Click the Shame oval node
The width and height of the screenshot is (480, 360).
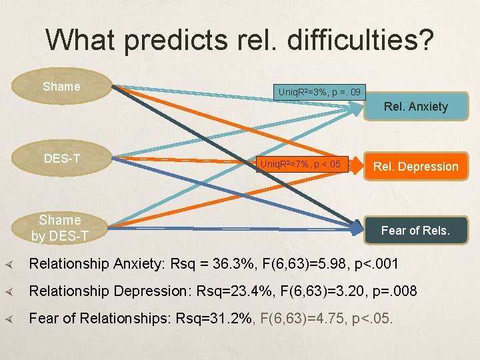pyautogui.click(x=61, y=87)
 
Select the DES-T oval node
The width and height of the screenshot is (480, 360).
pyautogui.click(x=61, y=158)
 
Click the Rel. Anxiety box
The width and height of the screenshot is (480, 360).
pyautogui.click(x=415, y=106)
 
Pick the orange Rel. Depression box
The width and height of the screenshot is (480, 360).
pyautogui.click(x=415, y=166)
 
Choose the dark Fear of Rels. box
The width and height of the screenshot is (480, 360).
pyautogui.click(x=415, y=231)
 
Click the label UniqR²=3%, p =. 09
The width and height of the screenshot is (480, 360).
pyautogui.click(x=320, y=91)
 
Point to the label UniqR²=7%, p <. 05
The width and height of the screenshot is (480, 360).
pyautogui.click(x=301, y=164)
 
